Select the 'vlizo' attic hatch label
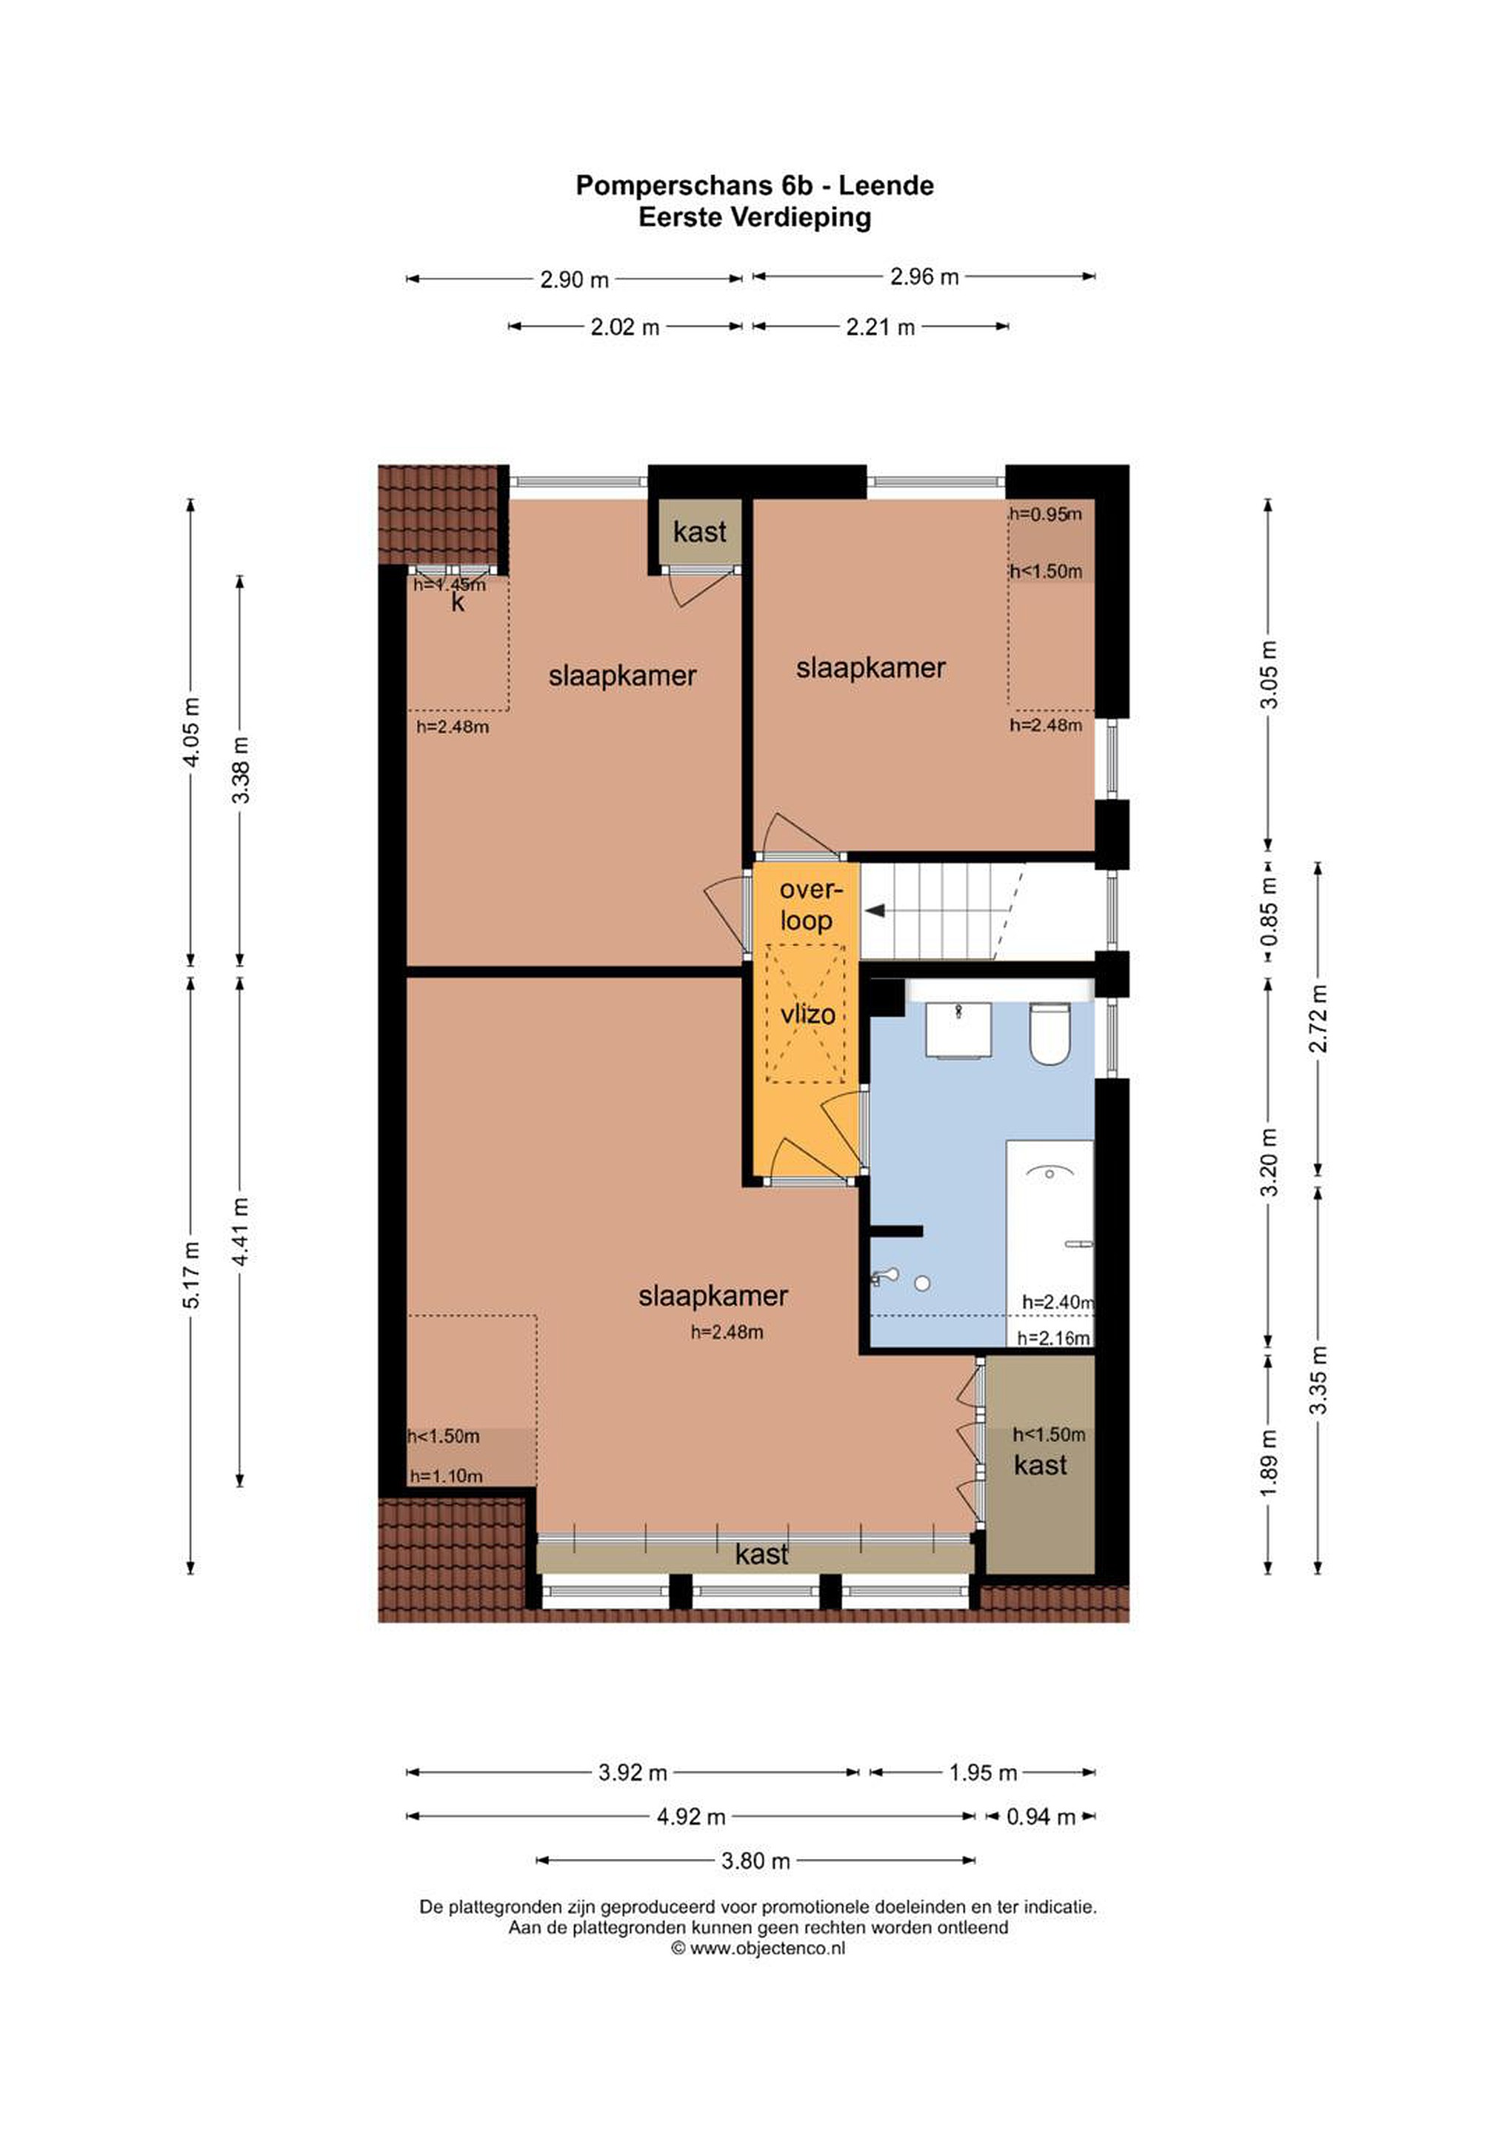click(807, 1014)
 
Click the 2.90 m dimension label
click(574, 278)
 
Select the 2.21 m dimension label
click(880, 327)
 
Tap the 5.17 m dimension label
click(191, 1274)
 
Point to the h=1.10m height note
click(446, 1476)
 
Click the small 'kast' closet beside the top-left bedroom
click(700, 531)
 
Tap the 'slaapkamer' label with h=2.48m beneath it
click(713, 1296)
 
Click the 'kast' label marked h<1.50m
click(1041, 1465)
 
